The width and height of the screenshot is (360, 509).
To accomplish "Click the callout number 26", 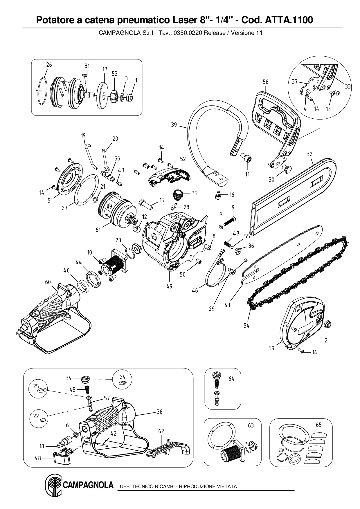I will pos(49,65).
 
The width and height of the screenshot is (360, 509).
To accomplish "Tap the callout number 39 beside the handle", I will pos(174,125).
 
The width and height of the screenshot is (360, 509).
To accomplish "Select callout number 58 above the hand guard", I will pos(266,82).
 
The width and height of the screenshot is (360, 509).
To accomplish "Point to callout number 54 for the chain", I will pos(246,326).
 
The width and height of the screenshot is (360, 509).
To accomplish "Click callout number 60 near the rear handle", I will pos(48,282).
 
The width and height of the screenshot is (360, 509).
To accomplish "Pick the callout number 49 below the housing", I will pos(169,286).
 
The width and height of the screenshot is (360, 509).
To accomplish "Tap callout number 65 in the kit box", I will pos(318,425).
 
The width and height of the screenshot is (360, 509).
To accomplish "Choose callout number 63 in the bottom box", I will pos(251,425).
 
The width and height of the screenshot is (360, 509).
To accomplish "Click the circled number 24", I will pos(123,377).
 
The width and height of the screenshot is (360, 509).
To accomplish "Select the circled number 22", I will pos(36,416).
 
